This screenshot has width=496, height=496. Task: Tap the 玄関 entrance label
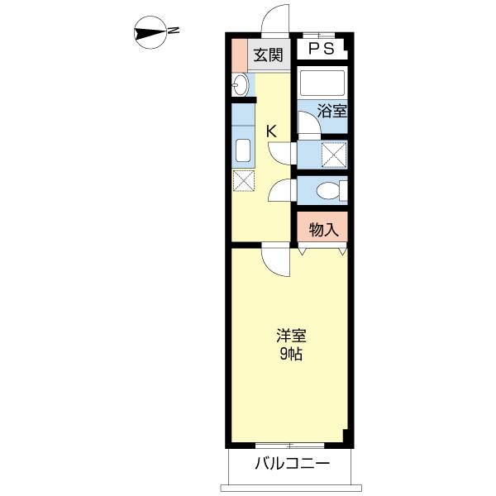click(269, 56)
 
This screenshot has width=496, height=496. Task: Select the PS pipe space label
click(322, 49)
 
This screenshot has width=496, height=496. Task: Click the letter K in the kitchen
click(270, 130)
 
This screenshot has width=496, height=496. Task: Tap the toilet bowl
click(328, 191)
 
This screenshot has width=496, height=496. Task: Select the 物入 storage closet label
click(324, 229)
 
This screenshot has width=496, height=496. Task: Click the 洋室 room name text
click(291, 336)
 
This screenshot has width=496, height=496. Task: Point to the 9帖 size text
click(291, 355)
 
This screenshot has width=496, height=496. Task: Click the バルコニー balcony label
click(291, 464)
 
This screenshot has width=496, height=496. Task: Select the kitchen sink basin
click(243, 151)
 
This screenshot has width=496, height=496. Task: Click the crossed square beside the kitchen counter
click(244, 181)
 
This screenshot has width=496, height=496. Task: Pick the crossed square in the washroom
click(333, 155)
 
